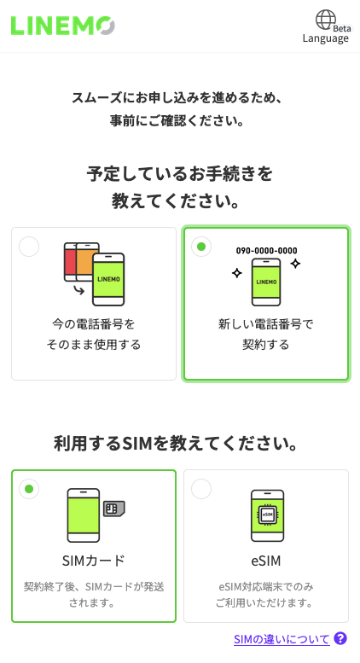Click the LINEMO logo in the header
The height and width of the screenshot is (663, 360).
[62, 26]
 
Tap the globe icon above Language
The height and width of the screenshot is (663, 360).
[326, 20]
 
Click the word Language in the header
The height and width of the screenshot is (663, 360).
[325, 38]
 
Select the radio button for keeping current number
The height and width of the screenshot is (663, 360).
[29, 247]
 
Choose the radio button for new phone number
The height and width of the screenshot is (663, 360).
[201, 247]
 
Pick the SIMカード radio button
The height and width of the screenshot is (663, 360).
[29, 489]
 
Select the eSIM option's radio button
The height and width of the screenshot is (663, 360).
[201, 489]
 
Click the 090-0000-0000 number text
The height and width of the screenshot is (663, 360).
[266, 251]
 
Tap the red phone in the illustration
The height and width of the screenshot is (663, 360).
[69, 262]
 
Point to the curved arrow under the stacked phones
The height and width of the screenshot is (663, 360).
[78, 290]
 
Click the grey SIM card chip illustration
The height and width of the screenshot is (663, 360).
[114, 509]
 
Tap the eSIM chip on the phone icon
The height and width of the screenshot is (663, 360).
[267, 515]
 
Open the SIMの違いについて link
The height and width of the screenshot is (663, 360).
[282, 639]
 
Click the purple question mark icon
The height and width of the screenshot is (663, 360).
[340, 638]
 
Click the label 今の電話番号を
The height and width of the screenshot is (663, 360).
[93, 324]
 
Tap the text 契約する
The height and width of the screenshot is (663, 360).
[266, 345]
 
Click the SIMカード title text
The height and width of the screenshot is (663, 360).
[93, 561]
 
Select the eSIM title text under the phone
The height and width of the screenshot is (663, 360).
[266, 561]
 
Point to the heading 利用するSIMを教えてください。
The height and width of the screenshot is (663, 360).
[177, 444]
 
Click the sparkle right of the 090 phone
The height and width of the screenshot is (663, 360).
[295, 264]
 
